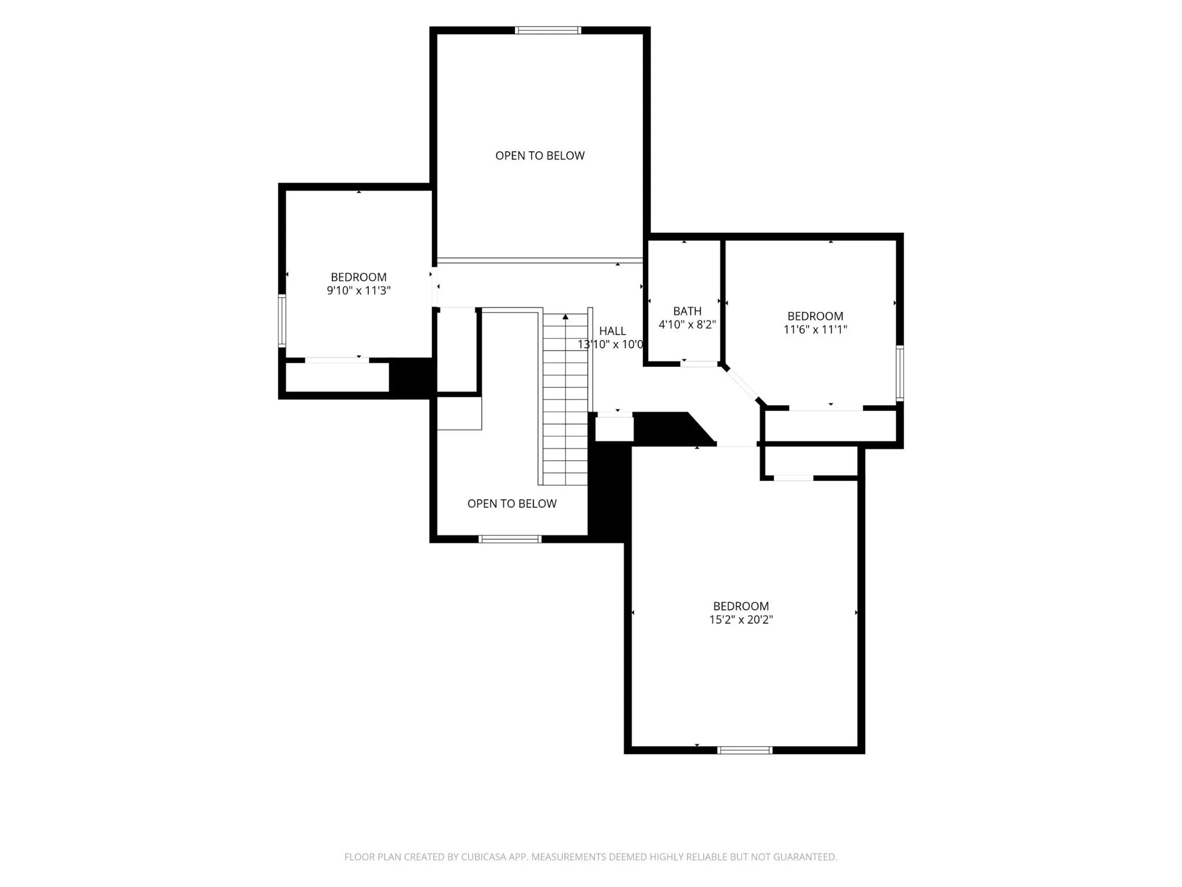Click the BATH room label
[x=687, y=311]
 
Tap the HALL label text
[x=612, y=331]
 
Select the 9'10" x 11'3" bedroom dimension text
[x=358, y=290]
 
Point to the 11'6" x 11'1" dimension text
[x=815, y=330]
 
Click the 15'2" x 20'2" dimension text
[x=741, y=620]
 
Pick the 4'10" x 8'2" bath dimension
[x=687, y=325]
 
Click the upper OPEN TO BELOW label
[x=540, y=155]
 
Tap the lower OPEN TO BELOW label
[x=512, y=504]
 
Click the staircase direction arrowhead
[x=566, y=316]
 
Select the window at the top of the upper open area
[x=548, y=30]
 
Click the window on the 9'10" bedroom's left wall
[x=282, y=320]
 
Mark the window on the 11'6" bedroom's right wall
[x=900, y=373]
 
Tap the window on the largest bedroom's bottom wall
[x=745, y=750]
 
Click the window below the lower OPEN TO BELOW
[x=510, y=539]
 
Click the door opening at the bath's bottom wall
[x=699, y=364]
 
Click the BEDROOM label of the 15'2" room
[x=741, y=606]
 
